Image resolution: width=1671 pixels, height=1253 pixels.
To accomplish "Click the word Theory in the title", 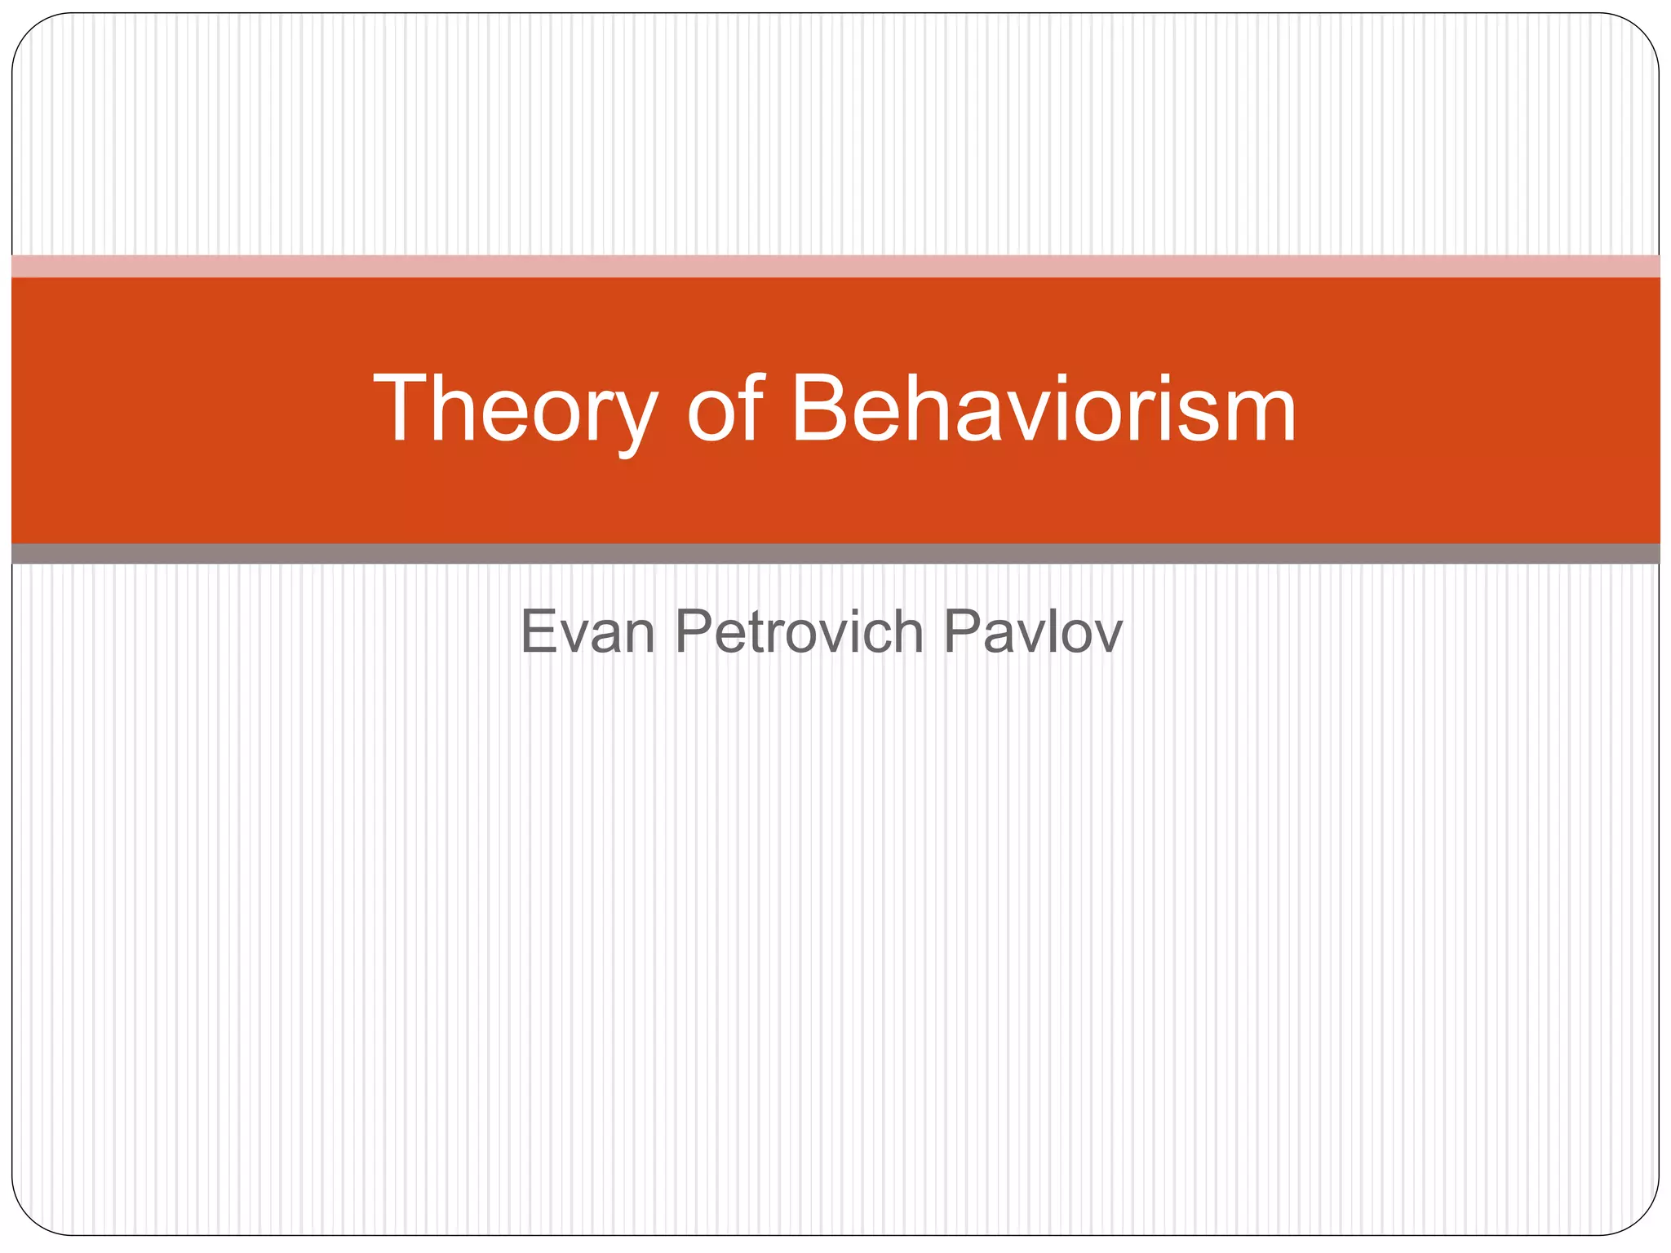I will [515, 408].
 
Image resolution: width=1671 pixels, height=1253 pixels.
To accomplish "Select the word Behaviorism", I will [1044, 408].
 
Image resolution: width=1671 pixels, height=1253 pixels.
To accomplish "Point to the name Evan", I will [587, 631].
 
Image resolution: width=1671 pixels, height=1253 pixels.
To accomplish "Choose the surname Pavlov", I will [1033, 631].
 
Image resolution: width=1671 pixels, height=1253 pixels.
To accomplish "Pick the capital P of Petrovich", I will [694, 631].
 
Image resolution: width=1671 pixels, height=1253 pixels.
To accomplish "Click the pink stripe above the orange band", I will [835, 266].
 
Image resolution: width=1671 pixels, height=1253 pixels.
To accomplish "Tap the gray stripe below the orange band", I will [835, 554].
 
